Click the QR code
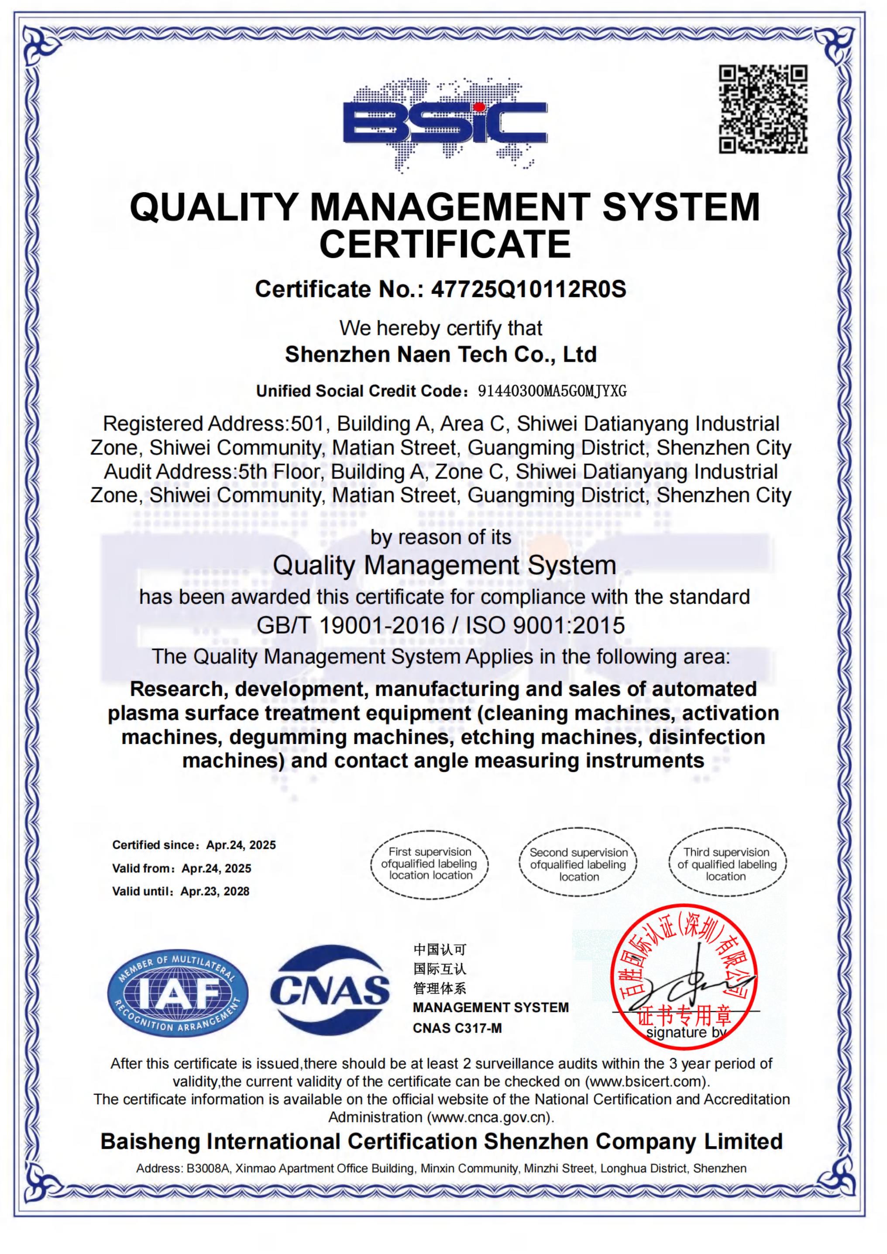pyautogui.click(x=763, y=109)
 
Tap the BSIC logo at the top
pyautogui.click(x=445, y=124)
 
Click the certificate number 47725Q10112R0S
pyautogui.click(x=528, y=289)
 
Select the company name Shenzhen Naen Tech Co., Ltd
pyautogui.click(x=441, y=355)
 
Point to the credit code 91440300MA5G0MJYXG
pyautogui.click(x=552, y=391)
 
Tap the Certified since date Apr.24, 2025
pyautogui.click(x=241, y=845)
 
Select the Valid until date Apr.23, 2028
pyautogui.click(x=215, y=891)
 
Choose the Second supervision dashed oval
pyautogui.click(x=578, y=864)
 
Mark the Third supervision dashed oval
pyautogui.click(x=727, y=864)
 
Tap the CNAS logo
pyautogui.click(x=330, y=990)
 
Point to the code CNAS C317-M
pyautogui.click(x=457, y=1028)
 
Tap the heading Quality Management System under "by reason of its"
pyautogui.click(x=445, y=565)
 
